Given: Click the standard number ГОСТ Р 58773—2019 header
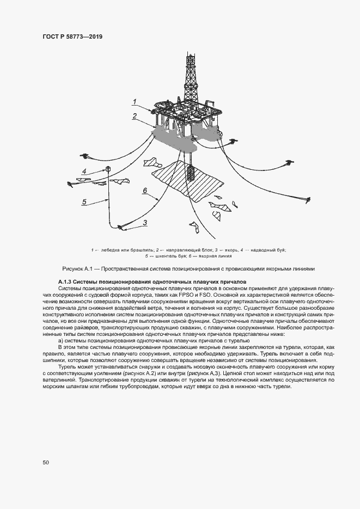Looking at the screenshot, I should click(72, 36).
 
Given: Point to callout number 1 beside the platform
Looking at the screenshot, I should click(134, 101).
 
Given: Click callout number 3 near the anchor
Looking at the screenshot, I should click(145, 222).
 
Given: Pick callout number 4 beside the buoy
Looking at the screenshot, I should click(84, 171).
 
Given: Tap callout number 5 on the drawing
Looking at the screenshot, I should click(84, 201).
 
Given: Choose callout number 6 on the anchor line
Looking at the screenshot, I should click(145, 190).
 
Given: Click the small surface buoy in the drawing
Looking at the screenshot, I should click(108, 169).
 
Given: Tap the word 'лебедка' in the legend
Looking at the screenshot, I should click(109, 250).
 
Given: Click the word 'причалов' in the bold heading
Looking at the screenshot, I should click(233, 281).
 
